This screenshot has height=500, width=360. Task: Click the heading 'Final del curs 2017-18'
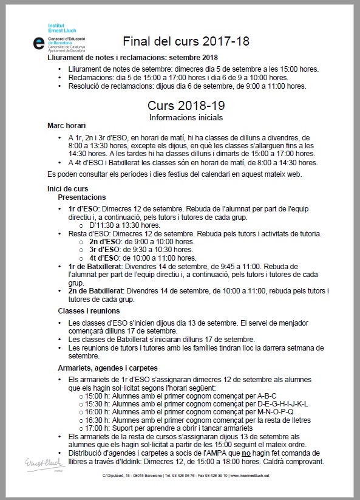tap(186, 41)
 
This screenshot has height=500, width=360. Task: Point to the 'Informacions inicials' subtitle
tap(186, 116)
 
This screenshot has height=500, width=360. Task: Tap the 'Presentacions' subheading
tap(82, 197)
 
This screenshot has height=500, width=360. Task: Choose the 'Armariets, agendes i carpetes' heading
tap(108, 368)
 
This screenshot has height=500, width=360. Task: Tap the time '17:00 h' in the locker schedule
tap(98, 428)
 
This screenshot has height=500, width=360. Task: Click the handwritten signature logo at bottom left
tap(38, 464)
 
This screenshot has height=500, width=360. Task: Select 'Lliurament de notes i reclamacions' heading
tap(124, 58)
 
